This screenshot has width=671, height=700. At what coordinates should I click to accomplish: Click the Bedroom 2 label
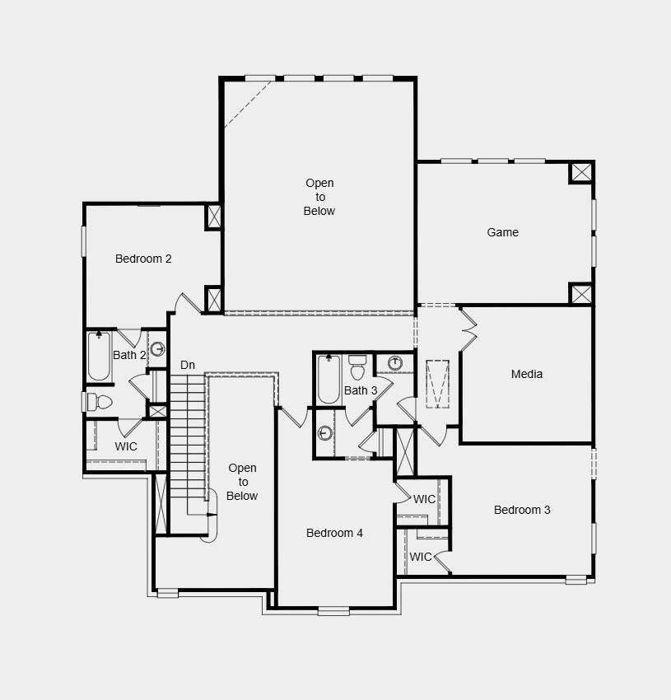pyautogui.click(x=143, y=259)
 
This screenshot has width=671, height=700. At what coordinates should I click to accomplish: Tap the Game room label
pyautogui.click(x=502, y=232)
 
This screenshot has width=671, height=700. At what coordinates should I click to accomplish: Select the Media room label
pyautogui.click(x=527, y=374)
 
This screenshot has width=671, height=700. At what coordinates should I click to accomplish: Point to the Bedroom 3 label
pyautogui.click(x=522, y=510)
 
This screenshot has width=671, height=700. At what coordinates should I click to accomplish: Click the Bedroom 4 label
pyautogui.click(x=334, y=533)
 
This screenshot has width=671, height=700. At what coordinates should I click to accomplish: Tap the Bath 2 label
pyautogui.click(x=129, y=355)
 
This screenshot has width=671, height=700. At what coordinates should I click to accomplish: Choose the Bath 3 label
pyautogui.click(x=361, y=390)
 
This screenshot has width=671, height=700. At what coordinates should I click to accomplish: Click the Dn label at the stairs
pyautogui.click(x=188, y=365)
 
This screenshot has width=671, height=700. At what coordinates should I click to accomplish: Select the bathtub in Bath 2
pyautogui.click(x=100, y=357)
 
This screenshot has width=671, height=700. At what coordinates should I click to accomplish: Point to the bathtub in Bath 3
pyautogui.click(x=329, y=380)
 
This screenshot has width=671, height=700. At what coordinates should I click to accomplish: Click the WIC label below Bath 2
pyautogui.click(x=126, y=446)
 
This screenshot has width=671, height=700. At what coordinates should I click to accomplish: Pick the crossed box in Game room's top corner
pyautogui.click(x=581, y=172)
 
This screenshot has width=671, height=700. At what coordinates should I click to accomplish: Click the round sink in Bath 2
pyautogui.click(x=157, y=348)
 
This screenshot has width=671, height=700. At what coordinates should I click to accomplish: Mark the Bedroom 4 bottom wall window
pyautogui.click(x=333, y=610)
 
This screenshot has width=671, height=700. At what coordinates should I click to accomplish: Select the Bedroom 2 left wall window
pyautogui.click(x=83, y=240)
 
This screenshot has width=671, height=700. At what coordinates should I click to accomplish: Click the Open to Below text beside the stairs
pyautogui.click(x=242, y=482)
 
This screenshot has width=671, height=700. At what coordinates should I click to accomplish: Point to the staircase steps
pyautogui.click(x=187, y=436)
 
